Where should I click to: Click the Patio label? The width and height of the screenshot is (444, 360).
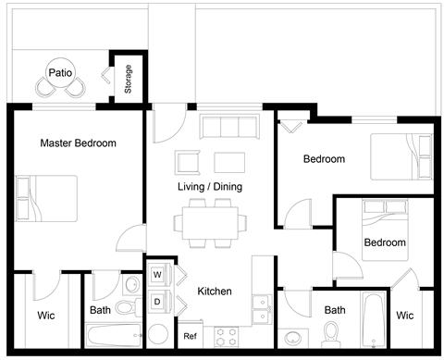coord(62,71)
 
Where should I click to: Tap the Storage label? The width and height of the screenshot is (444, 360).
coord(128,80)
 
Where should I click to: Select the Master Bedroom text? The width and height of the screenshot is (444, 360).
coord(78,143)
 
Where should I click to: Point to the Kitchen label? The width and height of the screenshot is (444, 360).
coord(215,292)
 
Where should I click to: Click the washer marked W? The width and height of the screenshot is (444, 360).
coord(157,275)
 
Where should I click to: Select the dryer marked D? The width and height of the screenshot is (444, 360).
coord(157,301)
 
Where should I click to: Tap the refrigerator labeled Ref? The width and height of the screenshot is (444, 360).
coord(190,335)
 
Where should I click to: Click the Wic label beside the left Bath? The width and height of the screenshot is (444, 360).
coord(45,316)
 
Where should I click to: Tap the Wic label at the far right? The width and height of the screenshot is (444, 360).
coord(404,316)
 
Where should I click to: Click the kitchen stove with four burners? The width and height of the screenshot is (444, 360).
coord(228,335)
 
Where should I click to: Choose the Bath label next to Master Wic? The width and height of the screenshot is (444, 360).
coord(101,311)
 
